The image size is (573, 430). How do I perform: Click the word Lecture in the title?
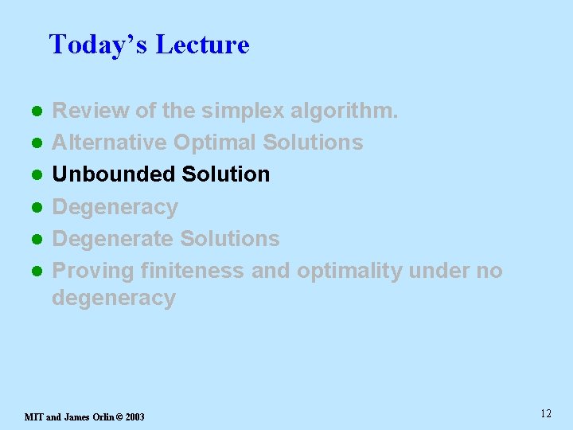pyautogui.click(x=202, y=45)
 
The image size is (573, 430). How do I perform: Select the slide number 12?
pyautogui.click(x=545, y=413)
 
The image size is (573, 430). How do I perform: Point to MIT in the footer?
pyautogui.click(x=34, y=416)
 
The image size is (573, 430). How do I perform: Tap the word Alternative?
pyautogui.click(x=109, y=143)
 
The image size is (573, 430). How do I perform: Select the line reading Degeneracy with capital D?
pyautogui.click(x=115, y=207)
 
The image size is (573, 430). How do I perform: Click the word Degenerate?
pyautogui.click(x=113, y=239)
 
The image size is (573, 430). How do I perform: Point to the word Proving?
pyautogui.click(x=93, y=271)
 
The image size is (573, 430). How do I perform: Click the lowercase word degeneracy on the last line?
pyautogui.click(x=113, y=299)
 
